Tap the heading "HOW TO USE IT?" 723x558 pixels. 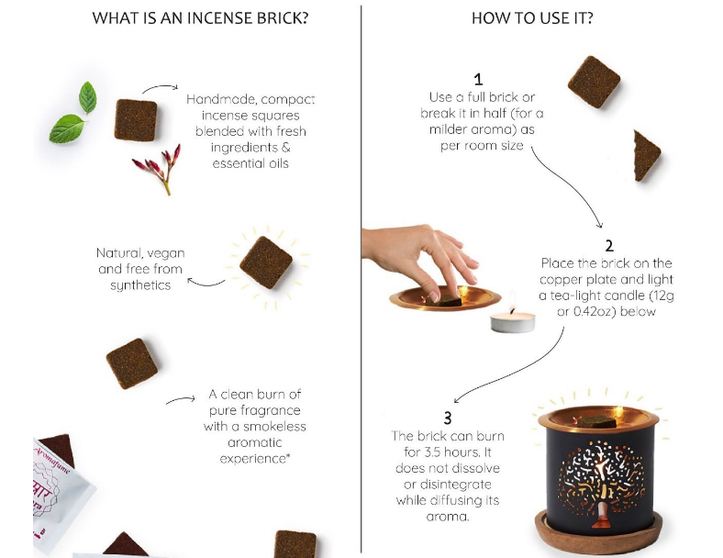(532, 18)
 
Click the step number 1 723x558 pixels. (478, 80)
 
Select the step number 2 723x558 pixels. (608, 245)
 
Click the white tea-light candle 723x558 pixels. (512, 320)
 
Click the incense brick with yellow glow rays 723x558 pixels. (266, 263)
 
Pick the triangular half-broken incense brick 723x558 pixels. (645, 154)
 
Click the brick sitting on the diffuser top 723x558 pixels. (597, 421)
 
